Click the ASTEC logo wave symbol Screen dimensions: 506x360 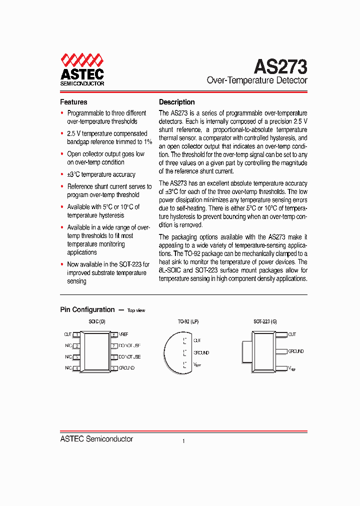(82, 61)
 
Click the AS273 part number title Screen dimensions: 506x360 (280, 66)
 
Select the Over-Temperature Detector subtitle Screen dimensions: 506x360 (257, 80)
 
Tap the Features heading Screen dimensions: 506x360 (73, 102)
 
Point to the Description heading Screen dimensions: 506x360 (176, 102)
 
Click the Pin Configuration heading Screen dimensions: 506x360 (87, 310)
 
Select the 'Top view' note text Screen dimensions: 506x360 (136, 310)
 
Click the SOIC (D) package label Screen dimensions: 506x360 (97, 322)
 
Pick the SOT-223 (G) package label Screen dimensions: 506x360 (265, 322)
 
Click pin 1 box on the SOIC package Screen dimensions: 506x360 (76, 334)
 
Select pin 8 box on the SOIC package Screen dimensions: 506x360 (114, 334)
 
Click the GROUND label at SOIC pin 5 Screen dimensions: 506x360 (126, 368)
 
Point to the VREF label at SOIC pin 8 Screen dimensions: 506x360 (124, 334)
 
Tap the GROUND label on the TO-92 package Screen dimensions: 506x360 (201, 353)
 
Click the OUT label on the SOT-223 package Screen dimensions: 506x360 (292, 334)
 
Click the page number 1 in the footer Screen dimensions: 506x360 (183, 441)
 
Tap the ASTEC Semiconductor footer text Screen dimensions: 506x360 (96, 439)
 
